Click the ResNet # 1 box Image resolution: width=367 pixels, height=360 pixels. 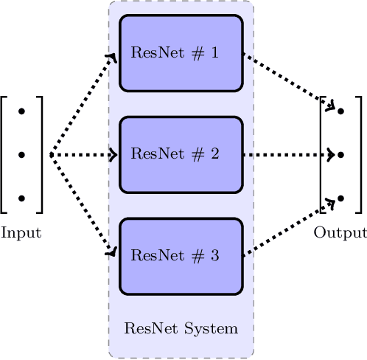(x=181, y=53)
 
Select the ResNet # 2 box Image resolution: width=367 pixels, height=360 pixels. (x=181, y=155)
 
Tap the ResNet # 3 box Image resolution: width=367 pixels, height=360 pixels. (x=181, y=256)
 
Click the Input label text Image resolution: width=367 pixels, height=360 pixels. (x=21, y=233)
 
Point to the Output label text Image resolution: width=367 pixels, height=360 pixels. (x=340, y=233)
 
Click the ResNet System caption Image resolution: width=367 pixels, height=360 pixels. (x=181, y=328)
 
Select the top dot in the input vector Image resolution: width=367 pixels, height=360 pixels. (x=21, y=111)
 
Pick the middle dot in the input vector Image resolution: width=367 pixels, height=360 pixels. (x=21, y=155)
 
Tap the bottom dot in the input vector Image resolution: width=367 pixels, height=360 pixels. (x=21, y=198)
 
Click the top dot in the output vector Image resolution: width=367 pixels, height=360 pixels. (x=340, y=111)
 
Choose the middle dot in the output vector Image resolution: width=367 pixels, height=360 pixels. (x=340, y=155)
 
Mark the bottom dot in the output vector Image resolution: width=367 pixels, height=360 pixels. (x=340, y=198)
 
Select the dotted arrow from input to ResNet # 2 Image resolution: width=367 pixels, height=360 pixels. (x=83, y=155)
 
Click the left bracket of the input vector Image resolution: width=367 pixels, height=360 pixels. (x=4, y=155)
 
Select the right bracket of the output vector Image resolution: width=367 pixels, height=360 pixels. (x=359, y=155)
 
